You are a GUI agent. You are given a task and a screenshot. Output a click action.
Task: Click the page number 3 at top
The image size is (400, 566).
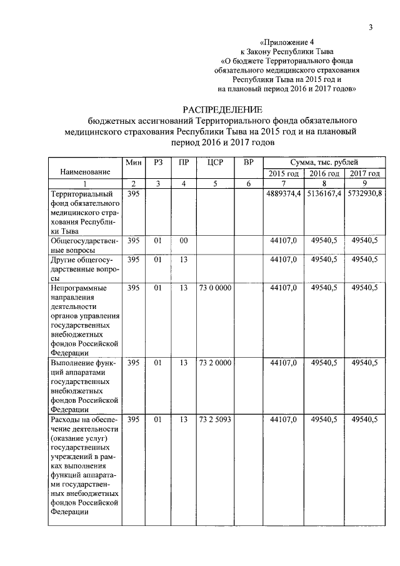coord(370,27)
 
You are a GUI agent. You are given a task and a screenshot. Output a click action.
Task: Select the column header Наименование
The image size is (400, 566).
coord(85,171)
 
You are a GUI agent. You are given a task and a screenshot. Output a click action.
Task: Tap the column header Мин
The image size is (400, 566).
coord(133,162)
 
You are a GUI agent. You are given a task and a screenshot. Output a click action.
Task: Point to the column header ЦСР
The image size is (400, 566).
coord(214,162)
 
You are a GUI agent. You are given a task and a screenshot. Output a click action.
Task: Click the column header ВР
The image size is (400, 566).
coord(248,162)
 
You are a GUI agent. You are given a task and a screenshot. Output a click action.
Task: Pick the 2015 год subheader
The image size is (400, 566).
coord(283,173)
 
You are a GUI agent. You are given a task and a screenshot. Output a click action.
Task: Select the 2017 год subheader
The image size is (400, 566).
coord(364,173)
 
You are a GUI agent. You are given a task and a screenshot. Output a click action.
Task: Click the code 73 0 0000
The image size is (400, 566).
coord(214,288)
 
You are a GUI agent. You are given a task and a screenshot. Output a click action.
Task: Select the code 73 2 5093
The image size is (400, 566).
coord(214,420)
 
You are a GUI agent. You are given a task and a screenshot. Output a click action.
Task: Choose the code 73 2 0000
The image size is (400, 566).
coord(214,363)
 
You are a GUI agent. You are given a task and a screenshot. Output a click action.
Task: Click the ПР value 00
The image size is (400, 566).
coord(183,240)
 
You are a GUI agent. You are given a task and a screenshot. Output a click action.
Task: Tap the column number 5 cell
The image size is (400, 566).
coord(214,183)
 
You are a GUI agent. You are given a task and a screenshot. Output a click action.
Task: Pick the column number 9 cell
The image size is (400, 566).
coord(364,183)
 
